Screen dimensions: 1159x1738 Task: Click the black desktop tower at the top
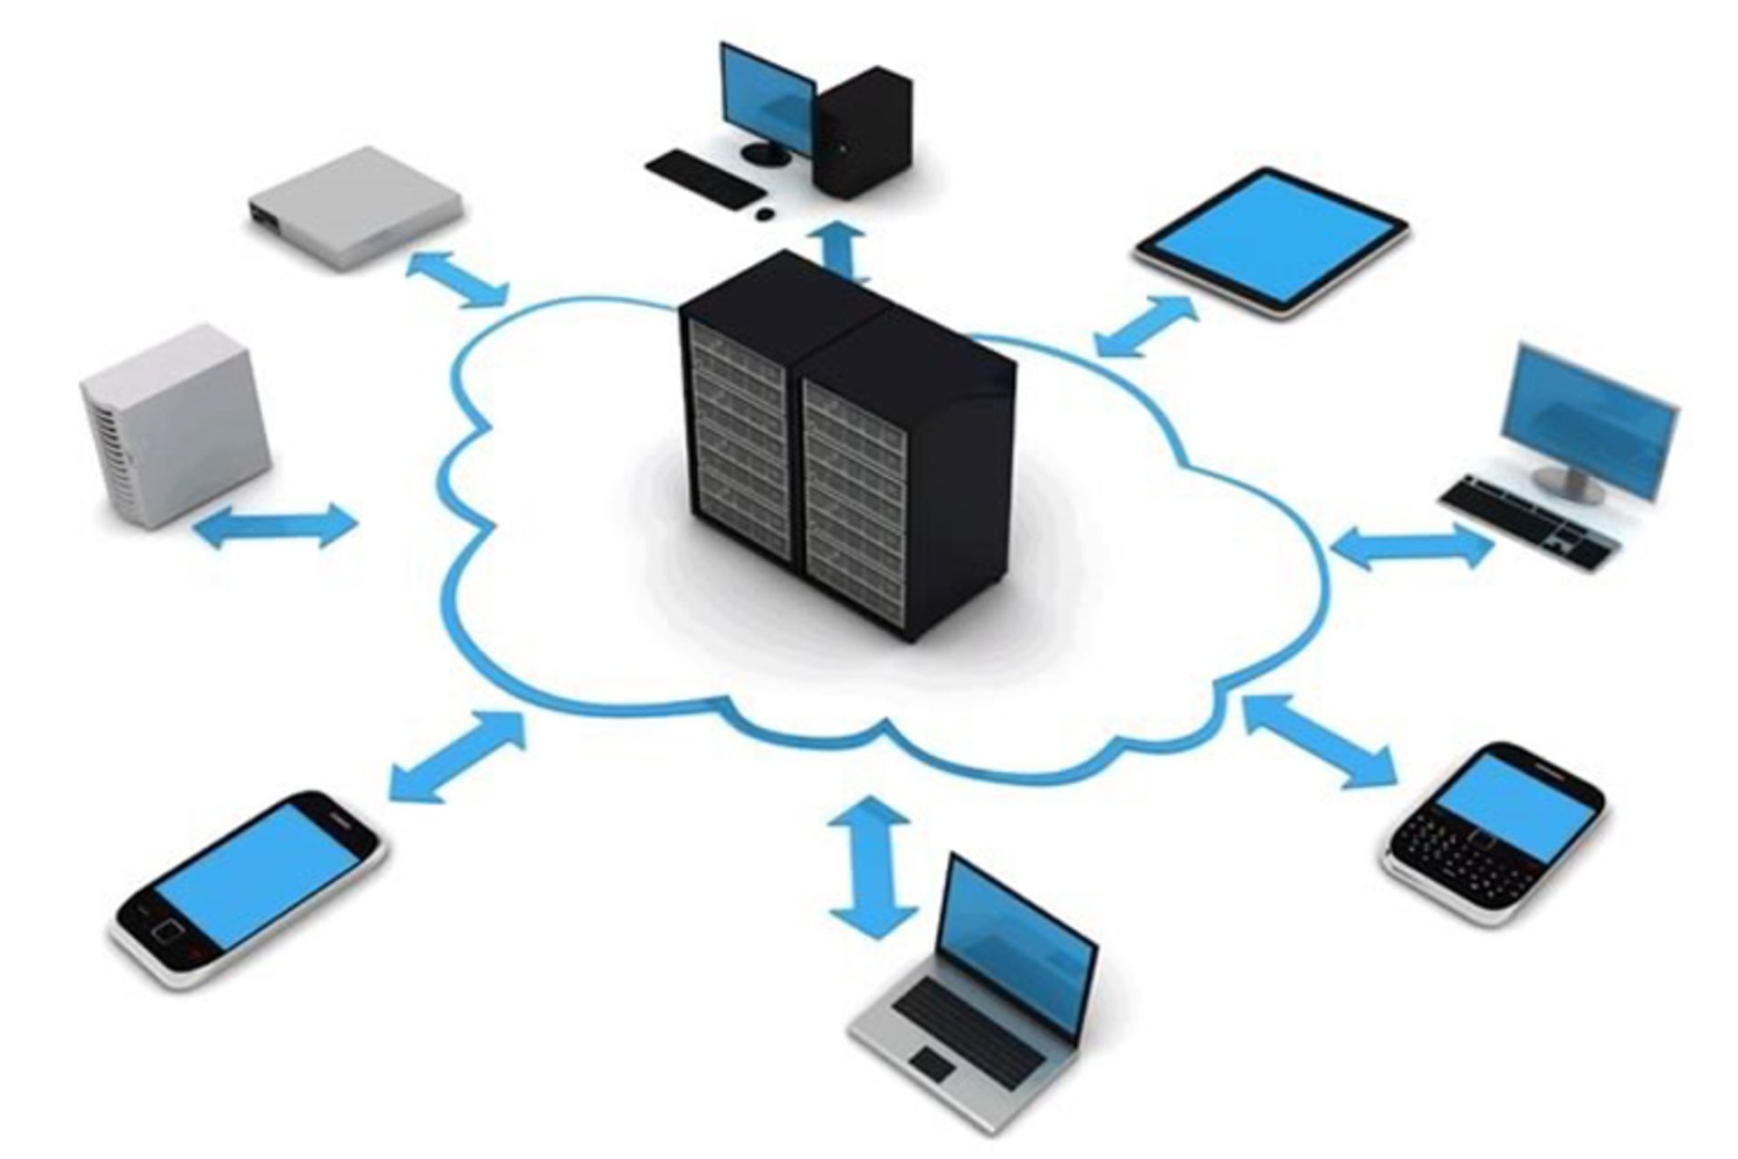[x=864, y=131]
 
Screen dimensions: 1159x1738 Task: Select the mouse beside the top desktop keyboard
[x=765, y=215]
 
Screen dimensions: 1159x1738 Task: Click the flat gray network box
[x=356, y=207]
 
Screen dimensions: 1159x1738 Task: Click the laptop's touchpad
[x=933, y=1065]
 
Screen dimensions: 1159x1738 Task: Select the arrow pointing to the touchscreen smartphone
[x=457, y=757]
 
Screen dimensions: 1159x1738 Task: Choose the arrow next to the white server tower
[x=276, y=526]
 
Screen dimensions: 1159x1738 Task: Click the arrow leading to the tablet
[x=1145, y=325]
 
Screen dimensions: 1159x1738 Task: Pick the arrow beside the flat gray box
[x=457, y=279]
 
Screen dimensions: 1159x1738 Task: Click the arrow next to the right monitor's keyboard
[x=1411, y=548]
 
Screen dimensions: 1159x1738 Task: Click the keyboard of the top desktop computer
[x=702, y=177]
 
